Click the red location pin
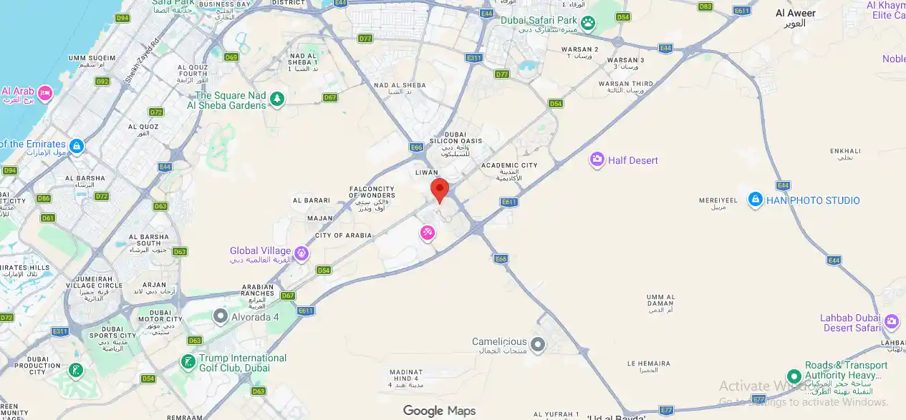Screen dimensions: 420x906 tap(439, 190)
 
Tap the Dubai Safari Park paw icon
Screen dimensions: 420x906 tap(588, 23)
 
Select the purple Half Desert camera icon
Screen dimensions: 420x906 tap(597, 160)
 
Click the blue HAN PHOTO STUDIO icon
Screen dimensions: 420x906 tap(755, 200)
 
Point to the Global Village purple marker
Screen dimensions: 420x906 tap(302, 253)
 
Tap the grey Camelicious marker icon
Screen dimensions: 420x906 tap(537, 346)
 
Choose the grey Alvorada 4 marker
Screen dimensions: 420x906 tap(221, 316)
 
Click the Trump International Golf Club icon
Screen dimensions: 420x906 tap(188, 362)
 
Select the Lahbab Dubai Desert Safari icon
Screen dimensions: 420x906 tap(891, 321)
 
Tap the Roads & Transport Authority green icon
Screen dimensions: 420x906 tap(793, 376)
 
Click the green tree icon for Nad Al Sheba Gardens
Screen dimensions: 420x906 tap(276, 99)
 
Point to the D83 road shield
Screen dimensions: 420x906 tap(705, 6)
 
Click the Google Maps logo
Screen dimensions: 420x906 tap(438, 411)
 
